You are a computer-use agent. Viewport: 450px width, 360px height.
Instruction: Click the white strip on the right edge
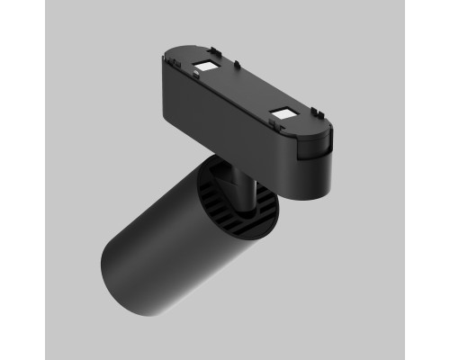[x=427, y=180]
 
